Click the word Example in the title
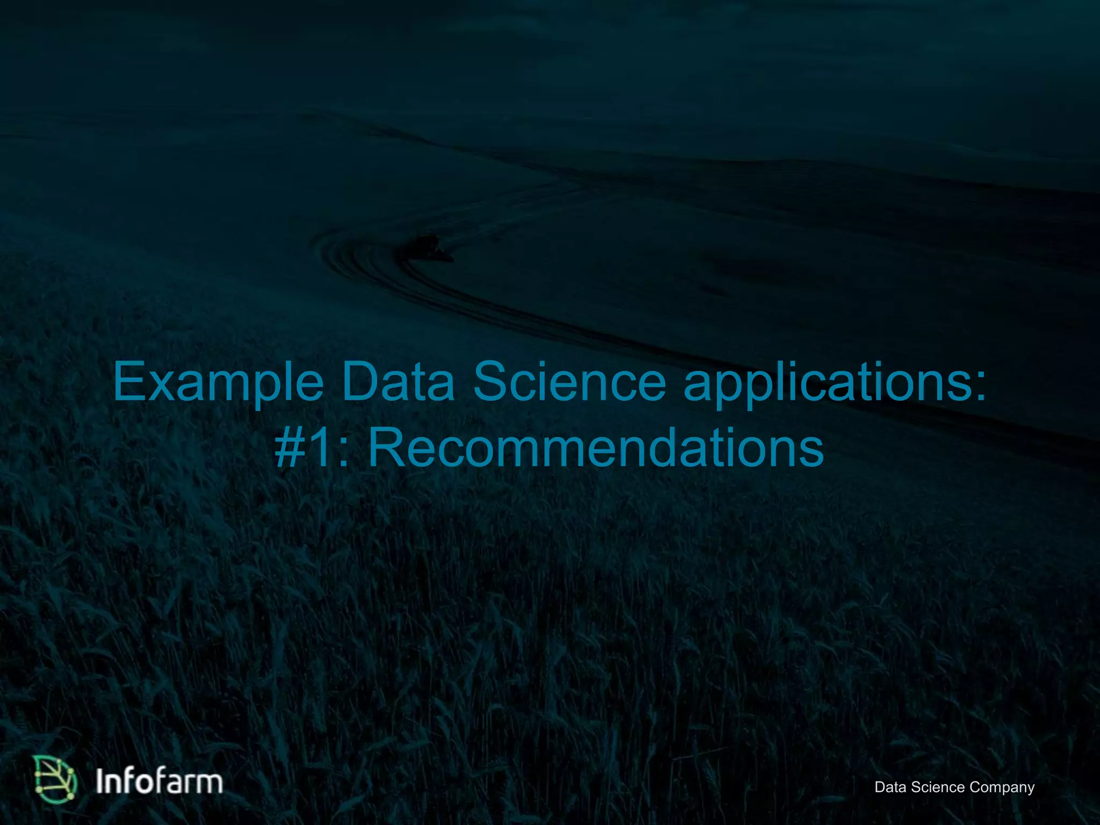click(x=218, y=382)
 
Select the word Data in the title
click(x=397, y=382)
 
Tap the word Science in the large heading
click(x=569, y=382)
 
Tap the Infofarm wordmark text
click(x=159, y=781)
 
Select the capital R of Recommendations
click(x=388, y=448)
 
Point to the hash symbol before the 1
click(x=291, y=448)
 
